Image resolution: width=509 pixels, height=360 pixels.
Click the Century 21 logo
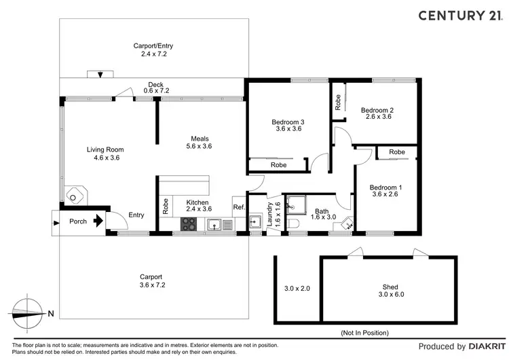tap(461, 15)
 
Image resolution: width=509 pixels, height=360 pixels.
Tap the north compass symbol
tap(28, 314)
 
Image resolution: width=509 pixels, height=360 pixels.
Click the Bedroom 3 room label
tap(288, 122)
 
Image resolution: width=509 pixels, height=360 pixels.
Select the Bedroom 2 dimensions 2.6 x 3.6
tap(379, 117)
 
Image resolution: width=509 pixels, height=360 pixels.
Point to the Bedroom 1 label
tap(385, 187)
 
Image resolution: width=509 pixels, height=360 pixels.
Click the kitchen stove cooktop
tap(189, 224)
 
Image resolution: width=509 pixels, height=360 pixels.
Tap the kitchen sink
tap(214, 224)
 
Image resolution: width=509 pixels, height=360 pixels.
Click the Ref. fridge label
tap(240, 207)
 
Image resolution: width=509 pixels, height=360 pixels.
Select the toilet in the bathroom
tap(293, 224)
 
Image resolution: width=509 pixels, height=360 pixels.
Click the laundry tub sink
tap(255, 222)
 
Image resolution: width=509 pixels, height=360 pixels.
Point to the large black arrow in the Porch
tap(98, 221)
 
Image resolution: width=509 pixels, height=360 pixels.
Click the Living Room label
tap(105, 150)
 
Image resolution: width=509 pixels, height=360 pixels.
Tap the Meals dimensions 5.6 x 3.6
tap(199, 146)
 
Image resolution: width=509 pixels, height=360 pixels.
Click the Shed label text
tap(390, 287)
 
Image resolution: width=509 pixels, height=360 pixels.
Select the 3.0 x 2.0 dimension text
tap(297, 288)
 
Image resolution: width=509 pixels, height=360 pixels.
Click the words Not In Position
tap(364, 333)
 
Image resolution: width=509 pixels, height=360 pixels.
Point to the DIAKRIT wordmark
tap(487, 346)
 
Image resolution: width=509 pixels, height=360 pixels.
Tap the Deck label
tap(156, 84)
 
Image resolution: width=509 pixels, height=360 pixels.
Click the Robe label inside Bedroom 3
tap(278, 165)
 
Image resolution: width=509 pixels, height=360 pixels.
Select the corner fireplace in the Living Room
tap(75, 195)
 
